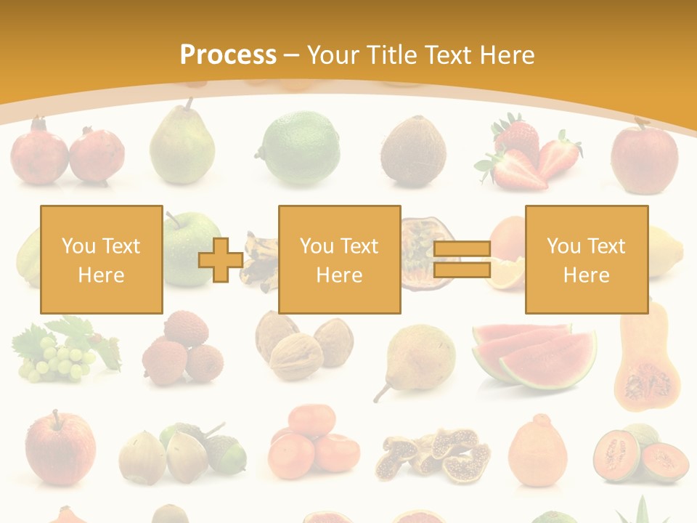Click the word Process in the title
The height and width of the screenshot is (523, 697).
(x=228, y=54)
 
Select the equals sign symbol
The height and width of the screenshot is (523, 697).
(x=462, y=260)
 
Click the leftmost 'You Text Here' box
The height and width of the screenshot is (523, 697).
(x=101, y=259)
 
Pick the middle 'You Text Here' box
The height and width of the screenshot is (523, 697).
(x=339, y=259)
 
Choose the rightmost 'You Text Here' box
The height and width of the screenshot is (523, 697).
(x=586, y=259)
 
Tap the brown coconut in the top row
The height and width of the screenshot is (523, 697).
(x=413, y=150)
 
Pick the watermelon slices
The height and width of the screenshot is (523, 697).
(x=534, y=354)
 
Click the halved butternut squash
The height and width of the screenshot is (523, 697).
(x=646, y=363)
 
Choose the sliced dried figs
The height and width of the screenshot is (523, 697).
(x=433, y=455)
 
